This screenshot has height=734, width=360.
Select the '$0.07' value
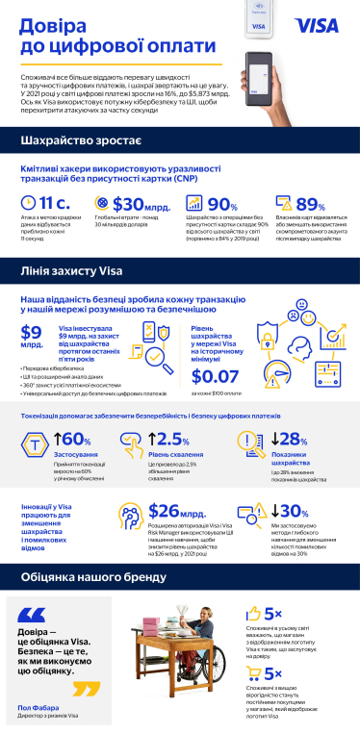[x=215, y=376]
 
